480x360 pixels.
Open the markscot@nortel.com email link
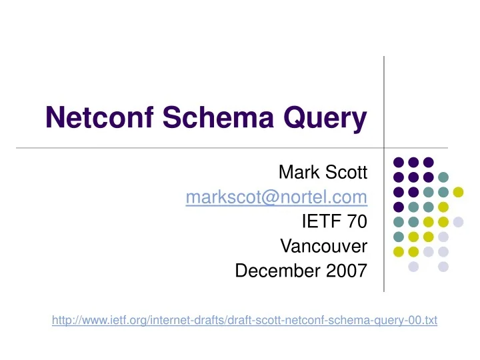pos(277,197)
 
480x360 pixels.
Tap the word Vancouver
pos(323,247)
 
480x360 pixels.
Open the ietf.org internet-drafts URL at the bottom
pos(244,321)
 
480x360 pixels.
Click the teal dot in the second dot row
pos(443,177)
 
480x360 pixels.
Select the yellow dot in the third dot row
pos(458,192)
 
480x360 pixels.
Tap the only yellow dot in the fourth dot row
pos(443,207)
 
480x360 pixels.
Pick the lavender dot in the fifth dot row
pos(458,222)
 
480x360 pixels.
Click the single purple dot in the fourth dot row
pos(398,207)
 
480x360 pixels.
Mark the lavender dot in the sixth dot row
pos(443,237)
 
